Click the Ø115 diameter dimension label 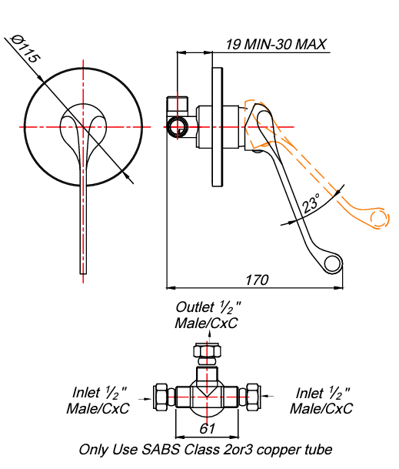pos(25,49)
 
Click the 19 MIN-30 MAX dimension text pos(275,45)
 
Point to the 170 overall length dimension pos(257,280)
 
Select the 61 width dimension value pos(207,429)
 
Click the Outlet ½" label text pos(208,307)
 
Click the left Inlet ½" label pos(99,393)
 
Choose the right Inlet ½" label pos(323,393)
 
